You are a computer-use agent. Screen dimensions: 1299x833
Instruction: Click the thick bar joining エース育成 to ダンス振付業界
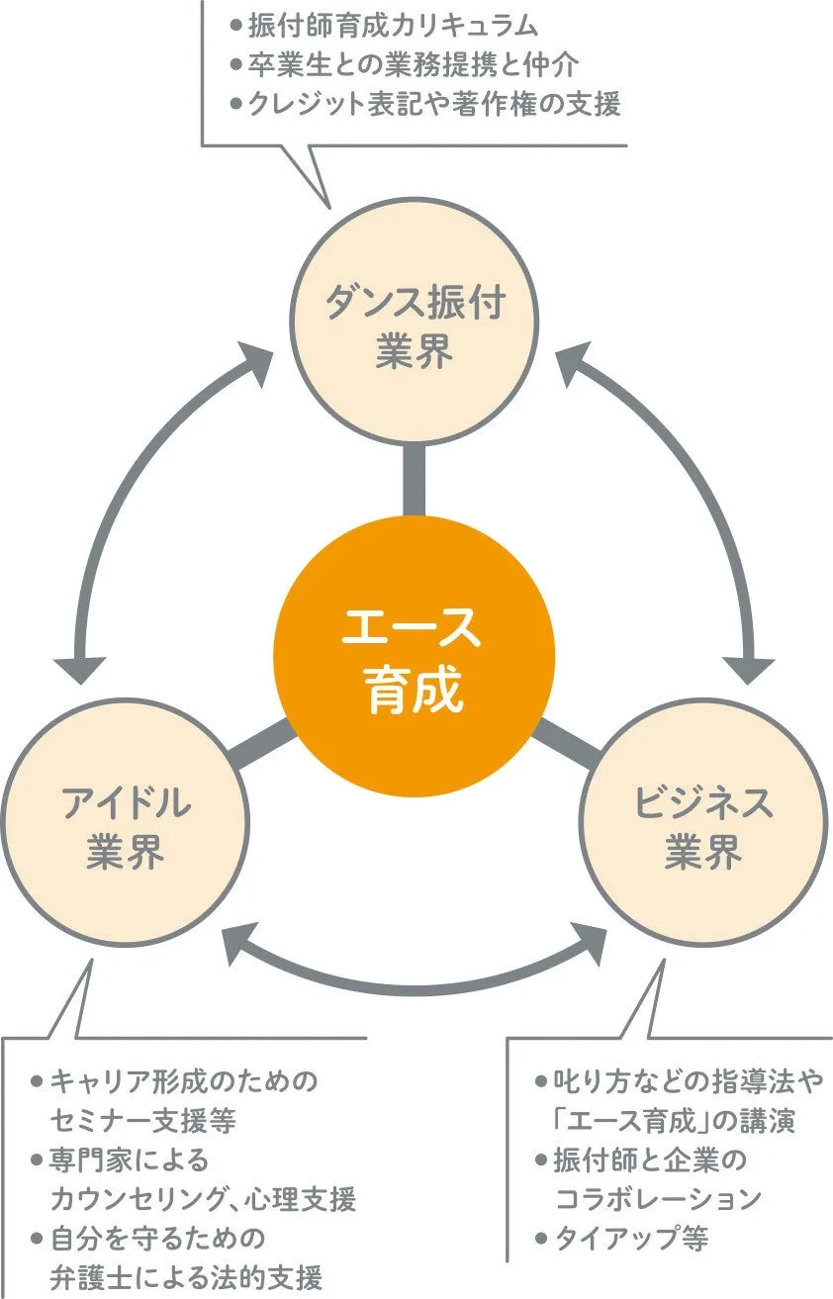pos(415,480)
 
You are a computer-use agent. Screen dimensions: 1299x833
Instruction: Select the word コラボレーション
pos(659,1199)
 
